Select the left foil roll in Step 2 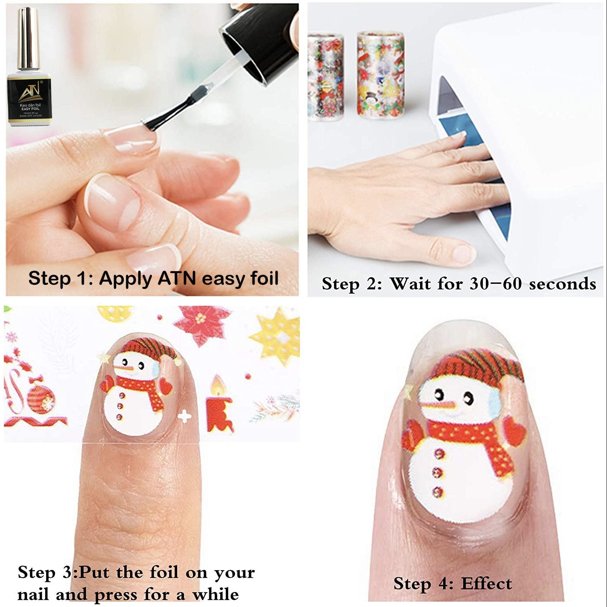325,77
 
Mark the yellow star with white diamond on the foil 277,334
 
